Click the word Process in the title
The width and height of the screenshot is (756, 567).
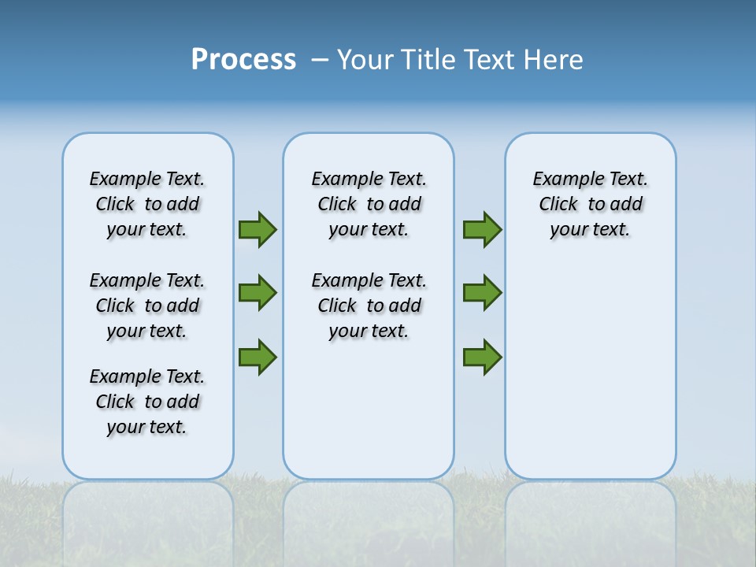click(x=243, y=60)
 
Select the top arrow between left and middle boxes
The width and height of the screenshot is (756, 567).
click(x=257, y=230)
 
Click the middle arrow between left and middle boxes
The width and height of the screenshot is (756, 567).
click(x=257, y=293)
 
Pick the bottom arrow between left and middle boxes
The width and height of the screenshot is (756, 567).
click(x=257, y=357)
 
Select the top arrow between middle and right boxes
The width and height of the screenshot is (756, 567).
click(x=482, y=230)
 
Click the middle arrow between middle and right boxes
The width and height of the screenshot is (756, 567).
click(x=482, y=293)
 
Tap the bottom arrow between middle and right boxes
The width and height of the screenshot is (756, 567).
click(x=482, y=357)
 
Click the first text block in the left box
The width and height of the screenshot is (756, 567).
click(x=147, y=204)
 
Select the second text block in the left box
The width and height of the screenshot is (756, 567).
click(x=147, y=306)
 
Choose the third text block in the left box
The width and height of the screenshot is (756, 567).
click(x=147, y=402)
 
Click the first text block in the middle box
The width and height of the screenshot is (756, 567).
click(x=369, y=204)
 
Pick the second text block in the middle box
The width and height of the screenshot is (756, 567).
click(x=369, y=306)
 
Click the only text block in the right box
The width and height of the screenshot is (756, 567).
click(x=591, y=204)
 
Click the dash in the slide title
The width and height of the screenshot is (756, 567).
click(x=320, y=60)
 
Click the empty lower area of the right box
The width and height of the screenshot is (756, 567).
click(x=591, y=370)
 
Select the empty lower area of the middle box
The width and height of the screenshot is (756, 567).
click(x=369, y=409)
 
